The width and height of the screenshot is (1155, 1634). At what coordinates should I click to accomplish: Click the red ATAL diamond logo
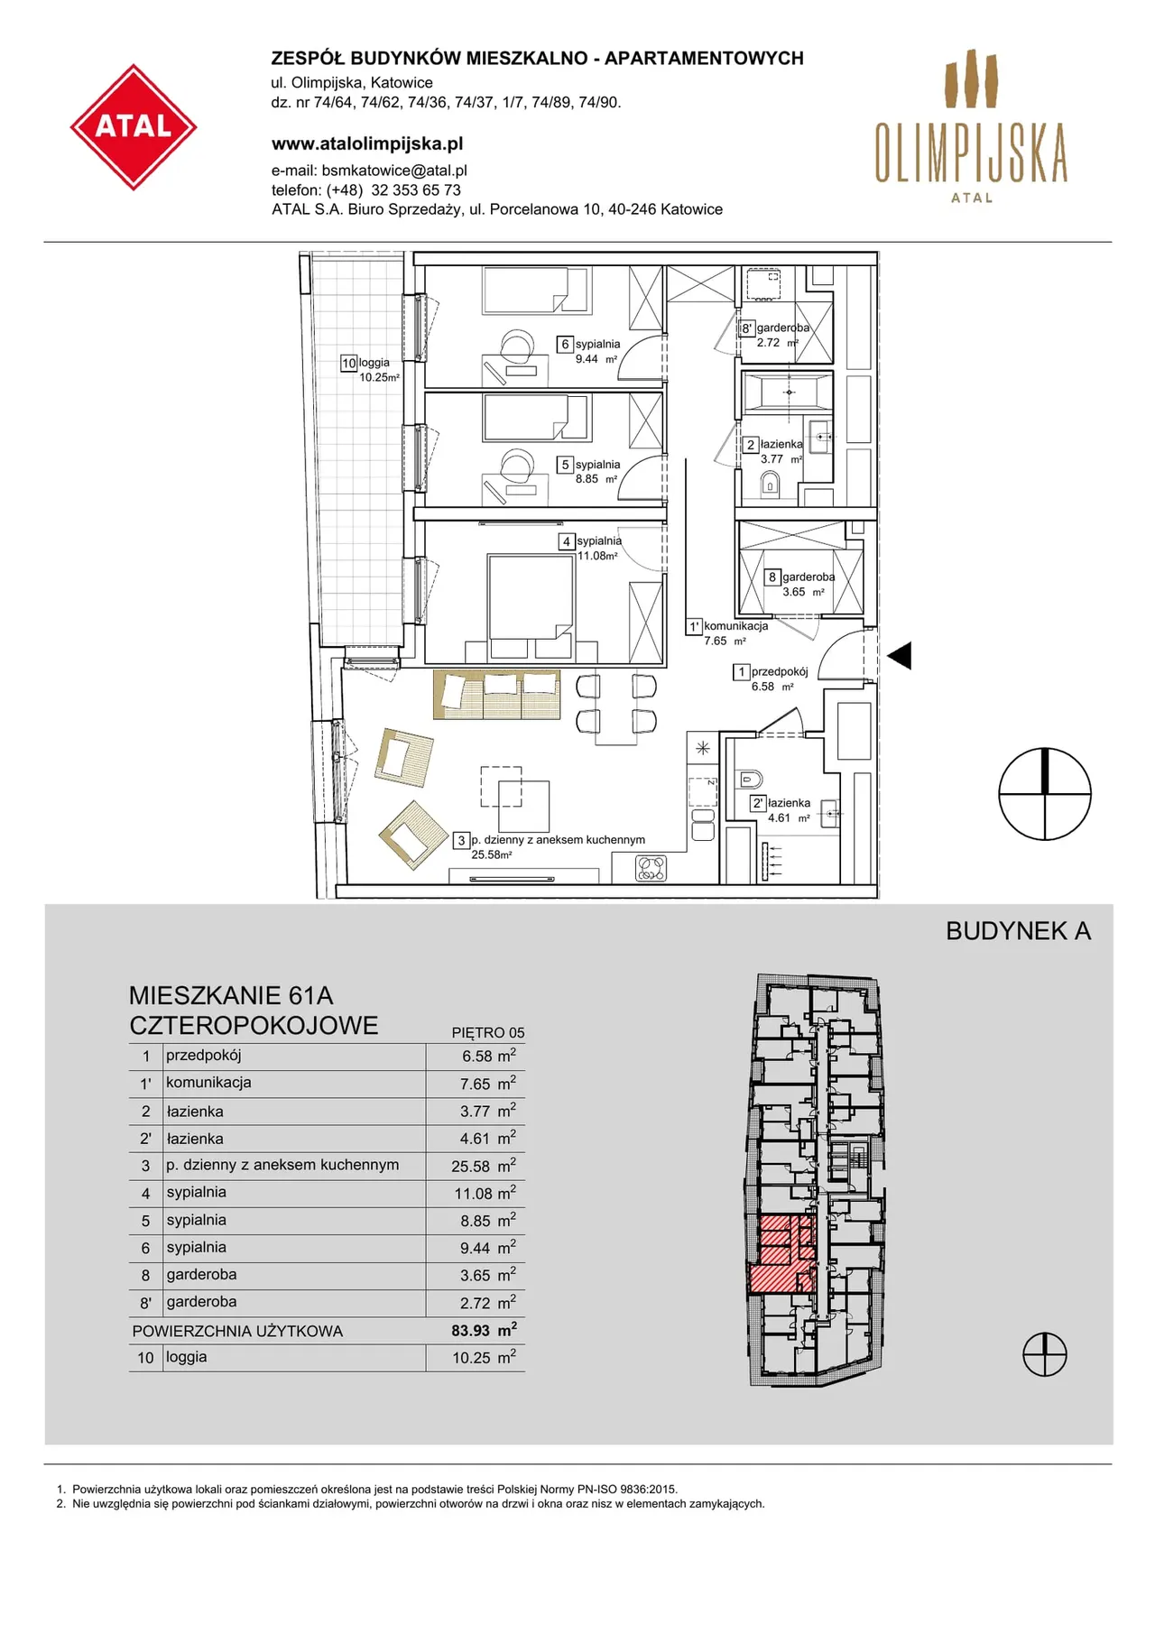(134, 127)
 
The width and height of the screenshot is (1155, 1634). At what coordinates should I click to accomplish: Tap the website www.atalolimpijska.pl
(367, 143)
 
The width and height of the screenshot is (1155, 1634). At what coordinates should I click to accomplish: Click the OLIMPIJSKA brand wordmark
(971, 153)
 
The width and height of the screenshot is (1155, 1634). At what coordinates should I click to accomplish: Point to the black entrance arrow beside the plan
(900, 656)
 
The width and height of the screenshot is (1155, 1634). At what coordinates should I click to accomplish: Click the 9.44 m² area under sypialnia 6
(596, 359)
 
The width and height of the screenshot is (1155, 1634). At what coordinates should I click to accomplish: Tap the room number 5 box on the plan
(566, 465)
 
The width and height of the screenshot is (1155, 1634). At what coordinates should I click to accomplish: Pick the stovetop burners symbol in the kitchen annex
(651, 868)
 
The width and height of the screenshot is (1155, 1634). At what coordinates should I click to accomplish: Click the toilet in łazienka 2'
(751, 780)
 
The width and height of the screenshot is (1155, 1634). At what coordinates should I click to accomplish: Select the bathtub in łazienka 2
(789, 392)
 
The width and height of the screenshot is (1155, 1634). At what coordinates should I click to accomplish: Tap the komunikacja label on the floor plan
(735, 626)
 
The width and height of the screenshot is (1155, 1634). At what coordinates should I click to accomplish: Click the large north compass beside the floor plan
(1045, 795)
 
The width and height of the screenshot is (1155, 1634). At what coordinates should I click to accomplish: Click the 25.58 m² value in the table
(484, 1166)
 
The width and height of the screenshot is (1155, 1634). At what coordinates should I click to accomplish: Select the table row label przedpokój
(204, 1056)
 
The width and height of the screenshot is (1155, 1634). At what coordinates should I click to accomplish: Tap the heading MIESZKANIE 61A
(231, 995)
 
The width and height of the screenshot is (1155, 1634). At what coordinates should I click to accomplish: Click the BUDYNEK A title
(1018, 931)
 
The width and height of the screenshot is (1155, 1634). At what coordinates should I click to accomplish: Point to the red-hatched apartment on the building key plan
(781, 1255)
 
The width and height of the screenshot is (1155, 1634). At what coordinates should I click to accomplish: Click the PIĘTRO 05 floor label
(488, 1033)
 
